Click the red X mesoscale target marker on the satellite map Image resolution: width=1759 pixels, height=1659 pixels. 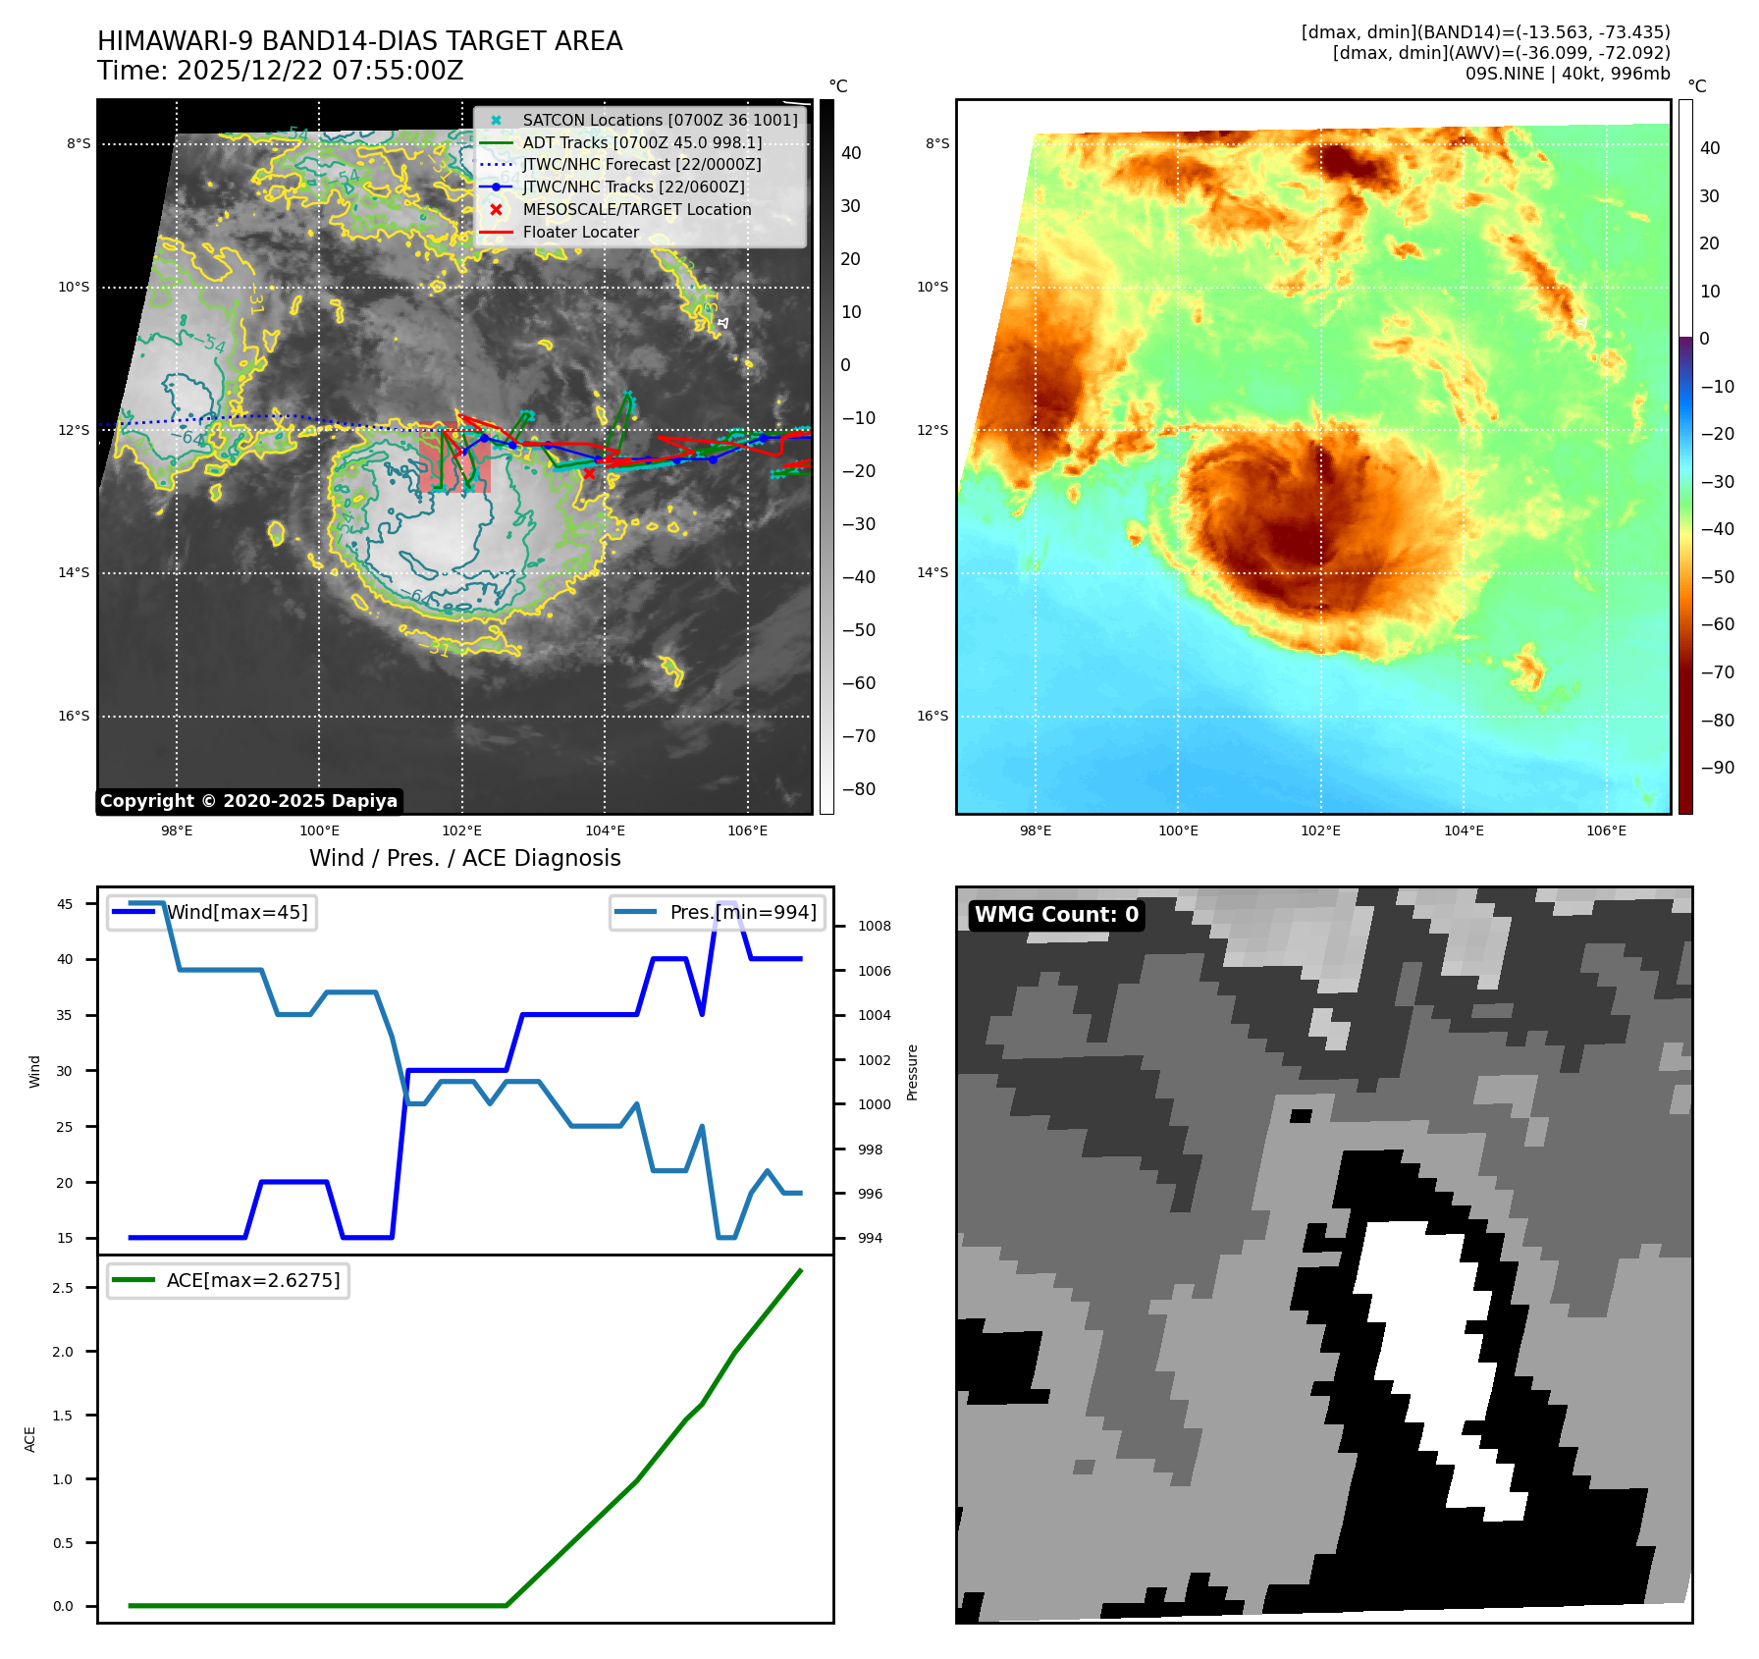click(589, 473)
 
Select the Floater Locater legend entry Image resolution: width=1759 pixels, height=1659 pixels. click(580, 233)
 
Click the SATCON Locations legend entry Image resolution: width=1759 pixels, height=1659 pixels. click(660, 120)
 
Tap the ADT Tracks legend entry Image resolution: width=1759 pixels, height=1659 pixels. click(642, 142)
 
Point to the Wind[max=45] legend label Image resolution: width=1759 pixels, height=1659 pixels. click(237, 912)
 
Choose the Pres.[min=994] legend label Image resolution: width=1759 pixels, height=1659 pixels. click(742, 912)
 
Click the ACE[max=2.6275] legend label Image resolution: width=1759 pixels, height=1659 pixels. click(253, 1280)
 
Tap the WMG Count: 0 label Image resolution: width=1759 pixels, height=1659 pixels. click(1056, 915)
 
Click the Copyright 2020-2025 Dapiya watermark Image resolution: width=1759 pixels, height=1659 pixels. click(248, 801)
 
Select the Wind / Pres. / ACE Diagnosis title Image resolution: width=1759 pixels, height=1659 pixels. click(464, 858)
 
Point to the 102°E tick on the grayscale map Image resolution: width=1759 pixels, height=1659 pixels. click(461, 830)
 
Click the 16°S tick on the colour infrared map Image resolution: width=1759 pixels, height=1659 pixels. click(933, 716)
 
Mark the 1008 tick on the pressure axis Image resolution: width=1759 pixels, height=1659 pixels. click(874, 926)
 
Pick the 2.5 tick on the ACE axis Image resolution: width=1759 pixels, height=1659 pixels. click(63, 1288)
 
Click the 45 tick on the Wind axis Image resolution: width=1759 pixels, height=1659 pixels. click(65, 904)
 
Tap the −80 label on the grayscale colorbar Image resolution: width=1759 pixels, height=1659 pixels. click(859, 789)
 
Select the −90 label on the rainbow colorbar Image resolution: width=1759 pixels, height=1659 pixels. click(1717, 768)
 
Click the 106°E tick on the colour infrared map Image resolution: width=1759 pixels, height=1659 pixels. click(1606, 830)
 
